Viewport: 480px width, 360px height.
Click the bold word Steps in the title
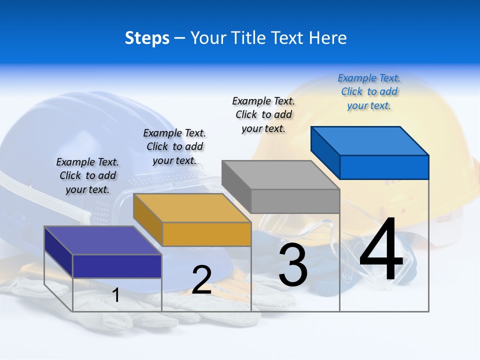(x=147, y=38)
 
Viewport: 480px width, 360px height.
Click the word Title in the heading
(x=268, y=38)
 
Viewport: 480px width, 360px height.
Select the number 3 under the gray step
(x=293, y=265)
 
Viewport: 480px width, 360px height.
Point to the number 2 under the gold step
(x=201, y=280)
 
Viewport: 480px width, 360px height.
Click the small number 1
(x=116, y=295)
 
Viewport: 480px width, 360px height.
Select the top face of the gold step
(x=192, y=208)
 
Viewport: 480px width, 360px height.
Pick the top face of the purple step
(x=103, y=240)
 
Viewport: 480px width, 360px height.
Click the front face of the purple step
(x=117, y=266)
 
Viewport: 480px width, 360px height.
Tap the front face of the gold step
(x=206, y=234)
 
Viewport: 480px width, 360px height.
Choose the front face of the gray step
(x=295, y=201)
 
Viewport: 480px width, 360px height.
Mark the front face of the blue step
(x=384, y=167)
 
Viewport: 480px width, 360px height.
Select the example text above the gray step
(x=263, y=114)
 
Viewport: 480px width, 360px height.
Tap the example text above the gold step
(x=174, y=146)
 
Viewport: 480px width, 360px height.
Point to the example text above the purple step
(x=87, y=175)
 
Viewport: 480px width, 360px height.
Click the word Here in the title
(x=327, y=38)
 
